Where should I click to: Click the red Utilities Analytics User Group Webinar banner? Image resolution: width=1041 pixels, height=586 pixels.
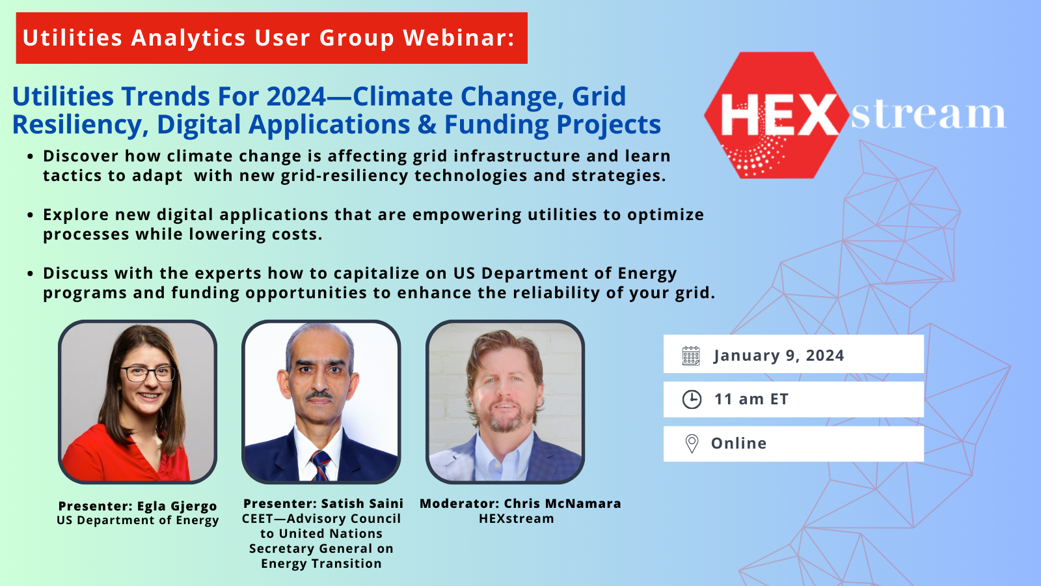271,38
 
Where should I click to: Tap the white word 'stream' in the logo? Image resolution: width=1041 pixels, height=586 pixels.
928,115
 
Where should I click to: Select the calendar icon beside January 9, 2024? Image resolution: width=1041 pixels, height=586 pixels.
691,356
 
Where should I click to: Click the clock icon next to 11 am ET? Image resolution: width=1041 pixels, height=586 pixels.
692,400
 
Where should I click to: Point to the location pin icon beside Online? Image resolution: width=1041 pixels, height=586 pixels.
692,443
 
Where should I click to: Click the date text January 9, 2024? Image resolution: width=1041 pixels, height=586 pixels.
779,356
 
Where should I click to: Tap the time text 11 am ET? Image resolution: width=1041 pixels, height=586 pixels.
751,399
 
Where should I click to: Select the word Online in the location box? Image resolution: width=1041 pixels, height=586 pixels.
738,443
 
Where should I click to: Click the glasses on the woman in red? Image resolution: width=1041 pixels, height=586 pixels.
148,374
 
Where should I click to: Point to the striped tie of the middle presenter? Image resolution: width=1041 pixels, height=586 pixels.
321,465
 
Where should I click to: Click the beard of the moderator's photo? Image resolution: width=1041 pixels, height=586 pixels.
505,416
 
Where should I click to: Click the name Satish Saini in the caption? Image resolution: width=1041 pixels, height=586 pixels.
362,504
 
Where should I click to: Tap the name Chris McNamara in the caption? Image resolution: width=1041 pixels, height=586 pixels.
562,504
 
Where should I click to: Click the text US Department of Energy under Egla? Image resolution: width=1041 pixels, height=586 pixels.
137,520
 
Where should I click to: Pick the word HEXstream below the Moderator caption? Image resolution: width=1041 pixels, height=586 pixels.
517,518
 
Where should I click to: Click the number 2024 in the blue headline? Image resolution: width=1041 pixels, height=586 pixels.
296,96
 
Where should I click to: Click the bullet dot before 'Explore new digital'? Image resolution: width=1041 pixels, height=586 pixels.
30,215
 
